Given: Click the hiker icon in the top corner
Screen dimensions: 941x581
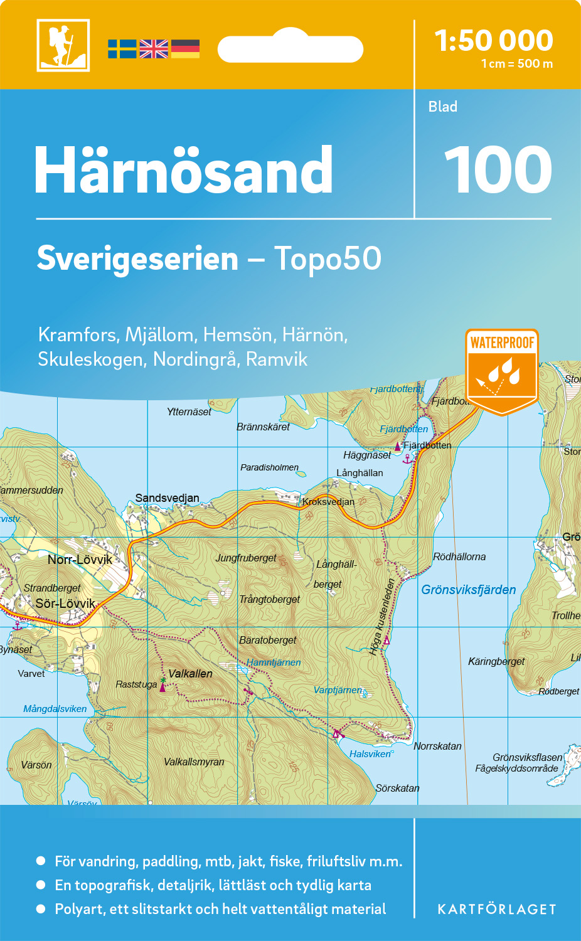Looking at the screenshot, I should pyautogui.click(x=63, y=45).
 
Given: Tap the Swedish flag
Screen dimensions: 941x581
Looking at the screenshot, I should pyautogui.click(x=122, y=49).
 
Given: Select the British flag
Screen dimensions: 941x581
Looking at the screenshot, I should pyautogui.click(x=154, y=49).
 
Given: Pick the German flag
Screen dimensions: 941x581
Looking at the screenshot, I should pyautogui.click(x=185, y=49).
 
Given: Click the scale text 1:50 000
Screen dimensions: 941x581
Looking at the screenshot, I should pyautogui.click(x=494, y=41).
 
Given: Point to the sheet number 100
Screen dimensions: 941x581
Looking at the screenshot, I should pyautogui.click(x=498, y=170).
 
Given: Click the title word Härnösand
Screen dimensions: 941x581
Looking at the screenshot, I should pyautogui.click(x=183, y=171).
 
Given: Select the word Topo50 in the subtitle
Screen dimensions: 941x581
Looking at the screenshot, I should pyautogui.click(x=328, y=258).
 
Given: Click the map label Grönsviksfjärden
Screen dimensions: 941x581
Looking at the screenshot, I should pyautogui.click(x=469, y=590).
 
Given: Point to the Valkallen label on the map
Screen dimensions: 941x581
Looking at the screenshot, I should pyautogui.click(x=190, y=674).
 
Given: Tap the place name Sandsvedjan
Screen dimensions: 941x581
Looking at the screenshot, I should pyautogui.click(x=167, y=498).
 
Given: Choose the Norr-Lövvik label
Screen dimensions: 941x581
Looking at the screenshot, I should pyautogui.click(x=80, y=560).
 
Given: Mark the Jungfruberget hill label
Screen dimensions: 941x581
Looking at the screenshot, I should pyautogui.click(x=246, y=558).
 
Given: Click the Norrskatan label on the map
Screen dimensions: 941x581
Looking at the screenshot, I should pyautogui.click(x=437, y=746).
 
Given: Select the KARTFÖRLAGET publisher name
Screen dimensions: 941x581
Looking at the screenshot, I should pyautogui.click(x=497, y=910).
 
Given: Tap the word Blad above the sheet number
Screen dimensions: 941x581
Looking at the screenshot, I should pyautogui.click(x=443, y=107).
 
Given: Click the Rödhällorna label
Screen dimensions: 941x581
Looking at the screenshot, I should pyautogui.click(x=459, y=556).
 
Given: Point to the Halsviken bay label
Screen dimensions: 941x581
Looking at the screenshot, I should pyautogui.click(x=370, y=754).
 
